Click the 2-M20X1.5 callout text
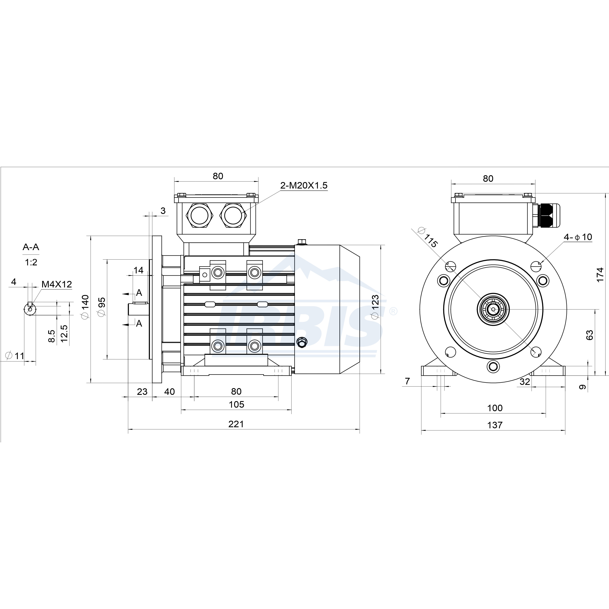click(x=304, y=185)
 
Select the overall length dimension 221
click(x=236, y=424)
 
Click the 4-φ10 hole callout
click(x=578, y=237)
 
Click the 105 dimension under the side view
click(x=236, y=404)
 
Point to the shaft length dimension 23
click(x=142, y=391)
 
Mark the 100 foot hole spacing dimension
click(x=495, y=408)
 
